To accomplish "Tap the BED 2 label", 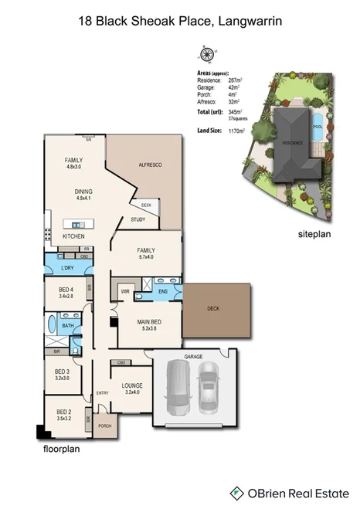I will [64, 414].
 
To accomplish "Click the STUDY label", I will [138, 219].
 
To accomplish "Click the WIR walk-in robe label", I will [124, 291].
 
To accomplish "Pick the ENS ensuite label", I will [163, 291].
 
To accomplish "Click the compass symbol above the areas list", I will [205, 54].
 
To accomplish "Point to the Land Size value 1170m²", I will [232, 131].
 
